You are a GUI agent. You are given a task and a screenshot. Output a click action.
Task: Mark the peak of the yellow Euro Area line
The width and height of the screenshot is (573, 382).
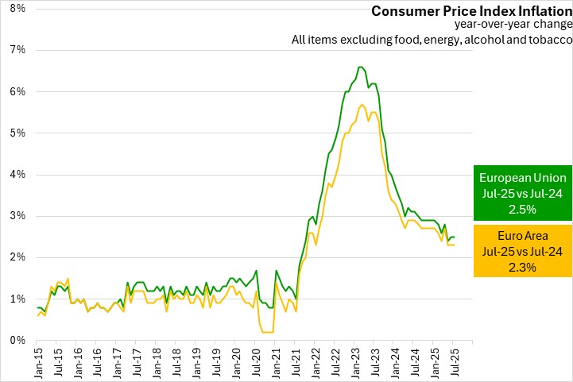click(362, 105)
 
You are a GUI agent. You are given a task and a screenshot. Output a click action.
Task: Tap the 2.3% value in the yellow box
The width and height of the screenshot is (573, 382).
click(523, 267)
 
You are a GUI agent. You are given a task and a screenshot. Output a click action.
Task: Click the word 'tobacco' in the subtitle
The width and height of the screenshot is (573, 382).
click(548, 40)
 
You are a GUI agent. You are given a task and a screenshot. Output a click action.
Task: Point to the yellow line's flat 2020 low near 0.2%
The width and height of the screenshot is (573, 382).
click(268, 332)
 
